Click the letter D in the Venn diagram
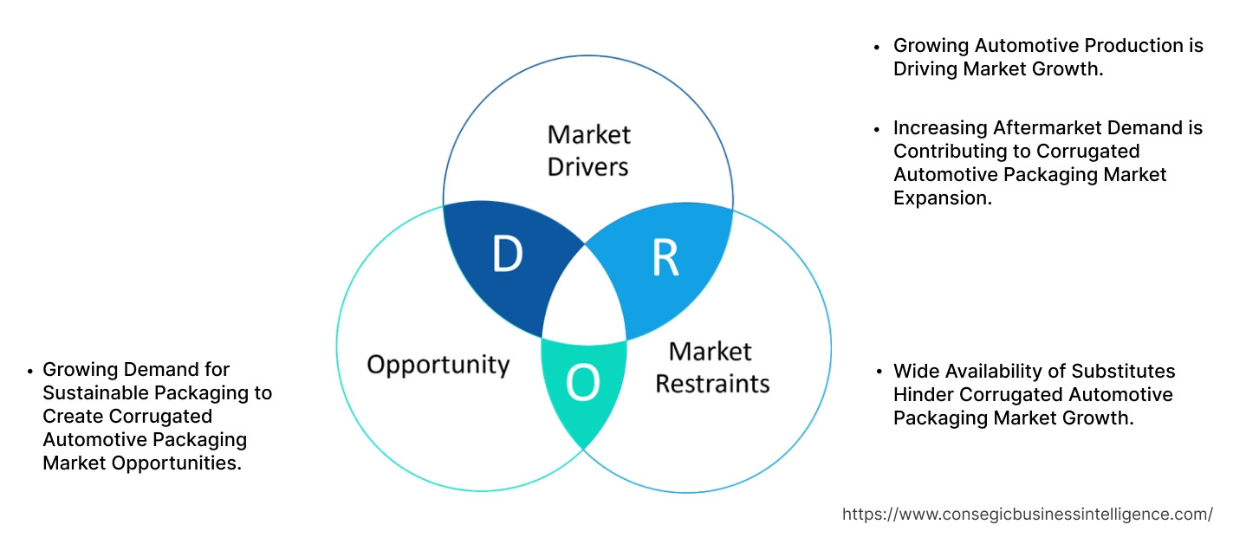[507, 254]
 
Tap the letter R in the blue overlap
[665, 257]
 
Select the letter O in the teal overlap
[583, 383]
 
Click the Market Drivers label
[588, 150]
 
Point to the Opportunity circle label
[438, 364]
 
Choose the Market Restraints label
[711, 367]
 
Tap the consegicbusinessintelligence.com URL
[1027, 514]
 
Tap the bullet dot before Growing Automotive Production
[878, 47]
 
